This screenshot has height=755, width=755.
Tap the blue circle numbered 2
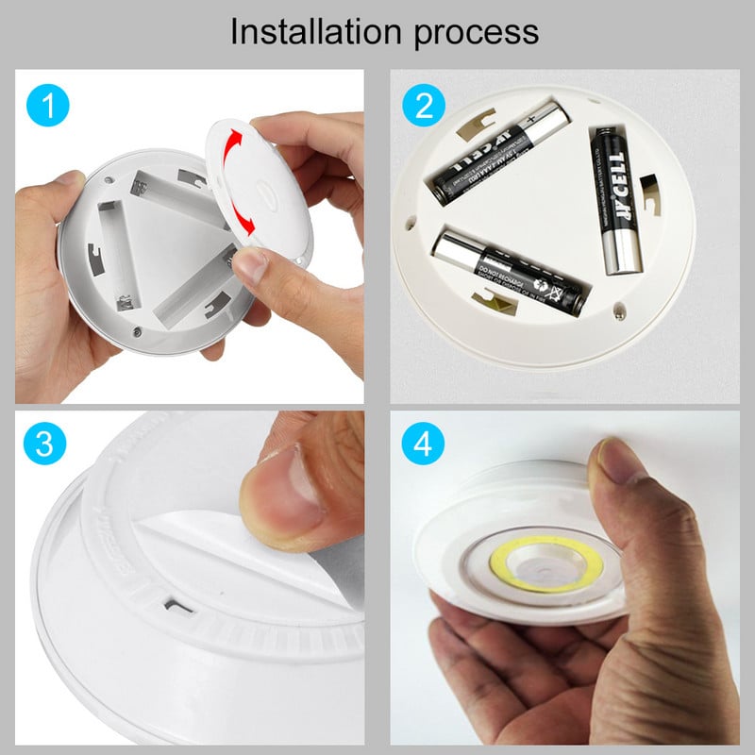(423, 105)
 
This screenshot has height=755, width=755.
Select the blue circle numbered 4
(423, 444)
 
